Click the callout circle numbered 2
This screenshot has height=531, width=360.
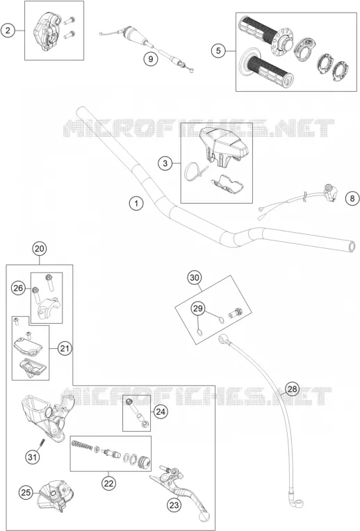tap(8, 31)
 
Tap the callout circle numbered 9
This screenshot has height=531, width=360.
tap(150, 59)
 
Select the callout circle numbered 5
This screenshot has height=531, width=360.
tap(218, 51)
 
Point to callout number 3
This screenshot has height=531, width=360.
tap(165, 163)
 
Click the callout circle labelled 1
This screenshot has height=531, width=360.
tap(136, 204)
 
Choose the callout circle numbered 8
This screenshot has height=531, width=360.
tap(352, 198)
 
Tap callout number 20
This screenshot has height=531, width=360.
tap(40, 249)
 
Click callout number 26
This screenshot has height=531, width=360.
tap(18, 288)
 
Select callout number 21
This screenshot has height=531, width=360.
tap(65, 348)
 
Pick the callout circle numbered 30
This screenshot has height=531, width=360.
tap(195, 278)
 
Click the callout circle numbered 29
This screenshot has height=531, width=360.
tap(198, 308)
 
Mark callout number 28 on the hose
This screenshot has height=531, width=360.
tap(292, 389)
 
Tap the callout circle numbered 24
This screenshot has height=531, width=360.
tap(161, 411)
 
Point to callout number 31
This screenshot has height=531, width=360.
tap(32, 457)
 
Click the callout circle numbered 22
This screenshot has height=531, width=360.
tap(108, 483)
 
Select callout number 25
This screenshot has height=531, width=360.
tap(26, 492)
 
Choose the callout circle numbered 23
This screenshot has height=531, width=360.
tap(174, 505)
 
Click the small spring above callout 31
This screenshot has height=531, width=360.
tap(42, 442)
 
